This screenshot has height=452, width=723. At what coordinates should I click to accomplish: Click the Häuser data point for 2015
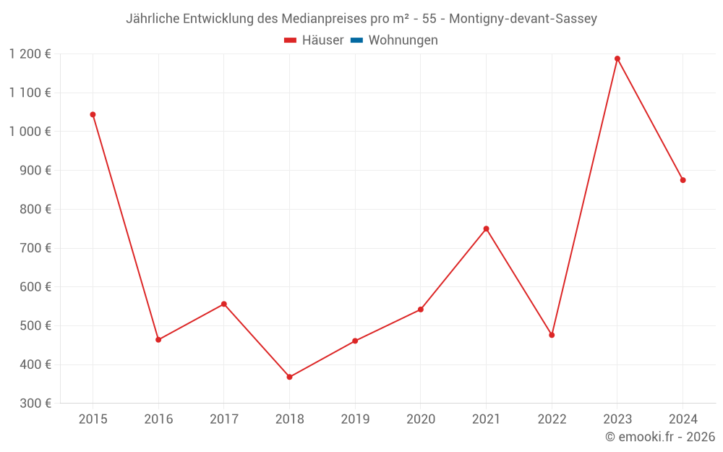(x=93, y=114)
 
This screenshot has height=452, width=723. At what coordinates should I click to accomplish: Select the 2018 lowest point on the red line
(x=289, y=377)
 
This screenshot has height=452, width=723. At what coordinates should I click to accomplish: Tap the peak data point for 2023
(x=617, y=59)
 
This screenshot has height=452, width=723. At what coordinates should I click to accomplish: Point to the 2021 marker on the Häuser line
(x=486, y=229)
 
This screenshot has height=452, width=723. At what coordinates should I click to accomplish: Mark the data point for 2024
(x=683, y=180)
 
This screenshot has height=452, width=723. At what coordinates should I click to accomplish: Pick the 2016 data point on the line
(x=158, y=340)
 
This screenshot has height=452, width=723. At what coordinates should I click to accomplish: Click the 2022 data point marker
(x=552, y=335)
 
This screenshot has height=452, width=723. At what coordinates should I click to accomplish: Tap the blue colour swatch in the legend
(x=356, y=40)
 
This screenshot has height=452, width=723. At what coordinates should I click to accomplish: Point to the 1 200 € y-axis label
(x=30, y=54)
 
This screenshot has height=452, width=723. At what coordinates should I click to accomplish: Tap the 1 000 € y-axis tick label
(x=30, y=132)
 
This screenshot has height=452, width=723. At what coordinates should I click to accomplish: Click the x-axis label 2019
(x=355, y=419)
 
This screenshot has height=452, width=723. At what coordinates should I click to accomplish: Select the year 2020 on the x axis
(x=420, y=419)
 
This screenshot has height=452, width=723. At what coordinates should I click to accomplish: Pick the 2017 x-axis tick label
(x=223, y=419)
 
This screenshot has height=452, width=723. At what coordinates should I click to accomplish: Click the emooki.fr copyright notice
(x=660, y=437)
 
